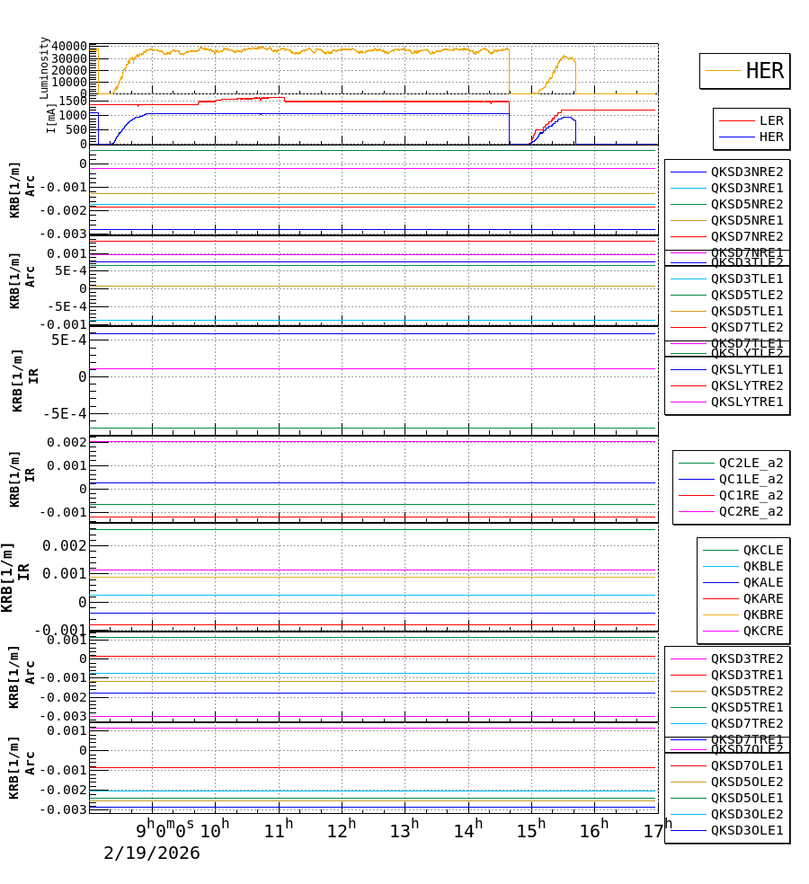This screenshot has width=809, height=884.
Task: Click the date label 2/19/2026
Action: click(x=152, y=853)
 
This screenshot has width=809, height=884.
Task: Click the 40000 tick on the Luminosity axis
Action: click(x=69, y=47)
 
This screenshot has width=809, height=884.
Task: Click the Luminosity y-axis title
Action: click(x=44, y=67)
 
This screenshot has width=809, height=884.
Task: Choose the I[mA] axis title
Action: click(x=51, y=117)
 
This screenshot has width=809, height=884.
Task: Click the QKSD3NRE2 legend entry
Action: click(x=746, y=172)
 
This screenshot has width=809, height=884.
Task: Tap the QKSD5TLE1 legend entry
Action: click(x=746, y=311)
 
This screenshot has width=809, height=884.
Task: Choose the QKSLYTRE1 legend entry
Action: click(x=746, y=402)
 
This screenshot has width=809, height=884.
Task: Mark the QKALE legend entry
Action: click(x=762, y=582)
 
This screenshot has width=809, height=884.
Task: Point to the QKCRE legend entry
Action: click(x=762, y=631)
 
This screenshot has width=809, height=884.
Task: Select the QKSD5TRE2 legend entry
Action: click(x=746, y=691)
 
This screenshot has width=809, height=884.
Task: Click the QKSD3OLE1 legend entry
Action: click(x=746, y=830)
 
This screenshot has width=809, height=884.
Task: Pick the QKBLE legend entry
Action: click(x=762, y=566)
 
